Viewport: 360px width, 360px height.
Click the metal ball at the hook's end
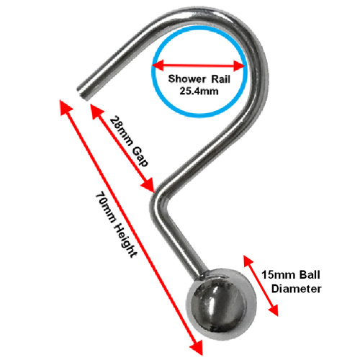coord(221,305)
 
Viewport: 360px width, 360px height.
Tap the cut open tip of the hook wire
coord(83,94)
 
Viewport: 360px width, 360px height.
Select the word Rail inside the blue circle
coord(221,79)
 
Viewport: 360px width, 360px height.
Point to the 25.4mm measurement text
coord(199,91)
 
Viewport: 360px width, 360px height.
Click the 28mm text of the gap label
coord(121,131)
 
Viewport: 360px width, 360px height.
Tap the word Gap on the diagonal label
coord(140,157)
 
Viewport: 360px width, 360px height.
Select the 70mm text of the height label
coord(106,208)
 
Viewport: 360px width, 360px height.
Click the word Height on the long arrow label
coord(126,240)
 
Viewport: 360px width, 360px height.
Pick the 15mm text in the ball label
coord(276,275)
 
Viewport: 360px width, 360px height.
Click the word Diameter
coord(297,289)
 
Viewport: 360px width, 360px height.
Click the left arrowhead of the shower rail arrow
coord(158,66)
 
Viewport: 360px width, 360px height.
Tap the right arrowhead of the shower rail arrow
coord(239,66)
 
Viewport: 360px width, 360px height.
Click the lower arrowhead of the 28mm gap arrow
coord(148,185)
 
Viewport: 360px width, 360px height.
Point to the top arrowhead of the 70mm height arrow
coord(66,107)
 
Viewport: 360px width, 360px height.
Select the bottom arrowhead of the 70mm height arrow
coord(197,348)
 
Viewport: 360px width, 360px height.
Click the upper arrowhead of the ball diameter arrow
coord(248,261)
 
